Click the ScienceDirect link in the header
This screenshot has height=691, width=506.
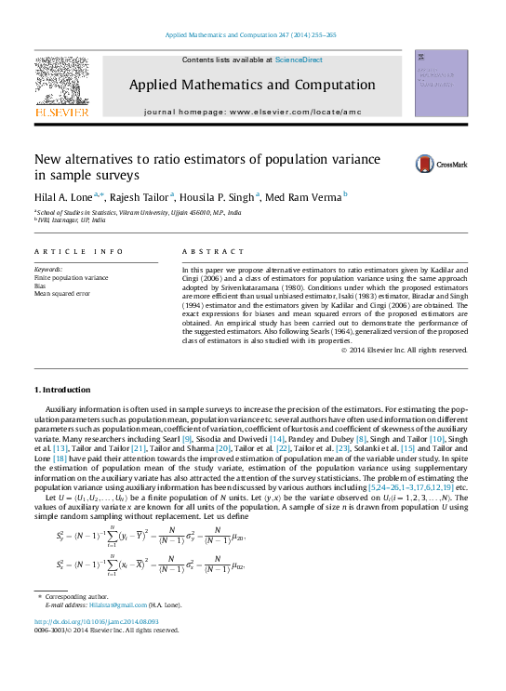click(299, 60)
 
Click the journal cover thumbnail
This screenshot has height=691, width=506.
click(441, 83)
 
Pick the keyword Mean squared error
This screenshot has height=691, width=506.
click(62, 293)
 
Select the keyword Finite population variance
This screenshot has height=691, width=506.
click(71, 277)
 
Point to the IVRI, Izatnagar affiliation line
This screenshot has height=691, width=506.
click(72, 220)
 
